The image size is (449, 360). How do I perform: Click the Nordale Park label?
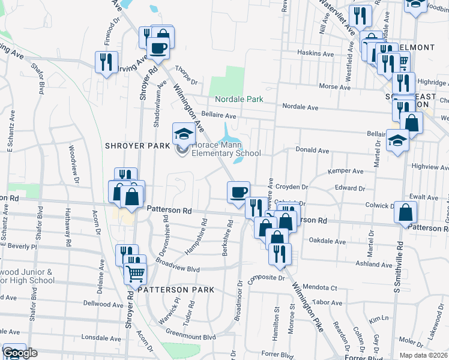point(239,98)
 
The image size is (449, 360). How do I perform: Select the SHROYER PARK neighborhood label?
point(137,146)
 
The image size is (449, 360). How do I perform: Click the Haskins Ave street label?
point(315,53)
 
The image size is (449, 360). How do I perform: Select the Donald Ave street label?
point(312,151)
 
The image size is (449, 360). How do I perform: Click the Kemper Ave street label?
point(345,171)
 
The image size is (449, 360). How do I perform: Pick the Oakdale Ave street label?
point(327,242)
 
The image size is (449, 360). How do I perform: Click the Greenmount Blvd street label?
point(190,337)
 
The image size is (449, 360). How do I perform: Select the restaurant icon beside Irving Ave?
point(106,61)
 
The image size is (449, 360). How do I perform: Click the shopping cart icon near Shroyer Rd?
point(136,273)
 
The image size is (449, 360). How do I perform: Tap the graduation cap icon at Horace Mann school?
point(184,133)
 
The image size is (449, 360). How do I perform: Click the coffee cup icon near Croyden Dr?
point(238,191)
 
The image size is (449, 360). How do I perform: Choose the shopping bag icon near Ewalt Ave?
point(406,212)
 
